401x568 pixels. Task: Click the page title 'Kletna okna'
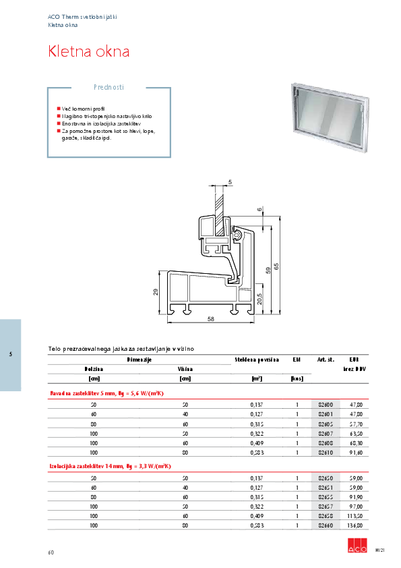click(89, 51)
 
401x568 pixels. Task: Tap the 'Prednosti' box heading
click(108, 87)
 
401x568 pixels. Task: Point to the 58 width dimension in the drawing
click(211, 318)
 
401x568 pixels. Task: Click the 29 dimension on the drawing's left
click(155, 291)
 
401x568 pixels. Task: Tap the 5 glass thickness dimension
click(229, 183)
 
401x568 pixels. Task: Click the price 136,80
click(355, 525)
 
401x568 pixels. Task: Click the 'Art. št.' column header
click(326, 360)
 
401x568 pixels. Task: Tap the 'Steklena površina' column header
click(257, 360)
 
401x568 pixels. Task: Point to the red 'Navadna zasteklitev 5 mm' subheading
click(108, 392)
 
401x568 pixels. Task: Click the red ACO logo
click(355, 548)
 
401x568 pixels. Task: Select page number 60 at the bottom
click(51, 552)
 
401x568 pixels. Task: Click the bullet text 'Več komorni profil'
click(84, 109)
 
